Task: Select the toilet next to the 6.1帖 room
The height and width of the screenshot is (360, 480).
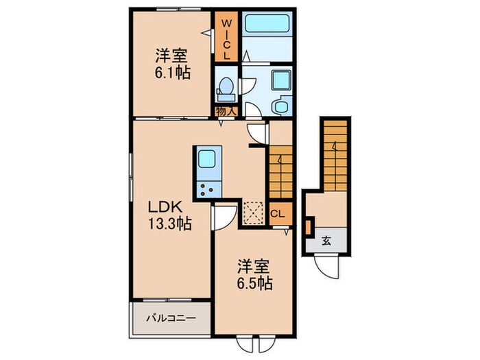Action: tap(226, 86)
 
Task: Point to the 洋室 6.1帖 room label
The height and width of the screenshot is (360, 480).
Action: tap(172, 63)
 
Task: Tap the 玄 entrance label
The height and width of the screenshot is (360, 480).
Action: tap(327, 240)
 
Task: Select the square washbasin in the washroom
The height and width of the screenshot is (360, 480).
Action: tap(280, 81)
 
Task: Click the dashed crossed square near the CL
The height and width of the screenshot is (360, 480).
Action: tap(254, 213)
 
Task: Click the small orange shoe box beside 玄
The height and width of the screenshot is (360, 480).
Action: tap(309, 226)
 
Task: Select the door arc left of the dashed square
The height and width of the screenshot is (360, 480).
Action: tap(224, 219)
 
